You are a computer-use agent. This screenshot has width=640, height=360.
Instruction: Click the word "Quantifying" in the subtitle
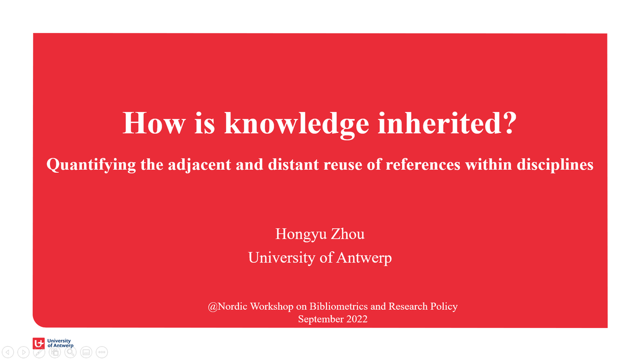[90, 165]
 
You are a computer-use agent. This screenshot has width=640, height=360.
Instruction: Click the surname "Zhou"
[348, 234]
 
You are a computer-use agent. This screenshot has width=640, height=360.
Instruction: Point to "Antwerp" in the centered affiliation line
[364, 258]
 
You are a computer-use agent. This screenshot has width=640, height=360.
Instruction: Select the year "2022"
[354, 319]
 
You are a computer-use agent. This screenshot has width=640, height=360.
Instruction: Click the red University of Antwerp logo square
[39, 343]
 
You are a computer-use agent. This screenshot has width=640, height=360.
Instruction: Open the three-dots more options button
[103, 352]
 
